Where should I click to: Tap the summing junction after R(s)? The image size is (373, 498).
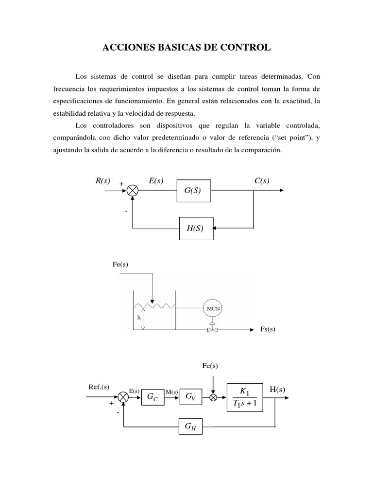pos(132,191)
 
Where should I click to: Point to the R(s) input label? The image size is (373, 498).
pos(102,181)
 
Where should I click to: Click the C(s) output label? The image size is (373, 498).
pos(262,181)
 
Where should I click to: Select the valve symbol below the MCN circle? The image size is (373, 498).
pos(213,330)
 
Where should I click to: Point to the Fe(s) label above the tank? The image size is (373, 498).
pos(120,264)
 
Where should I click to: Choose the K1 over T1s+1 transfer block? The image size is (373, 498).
pos(245,398)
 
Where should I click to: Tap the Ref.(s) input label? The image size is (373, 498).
pos(99,387)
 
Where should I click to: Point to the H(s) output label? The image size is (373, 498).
pos(277,389)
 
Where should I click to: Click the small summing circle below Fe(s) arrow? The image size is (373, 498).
pos(213,397)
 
